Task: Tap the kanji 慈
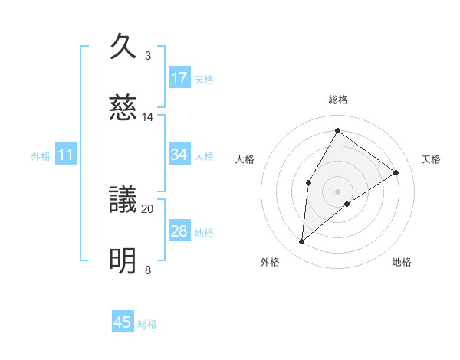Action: point(123,108)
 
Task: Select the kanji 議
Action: point(123,201)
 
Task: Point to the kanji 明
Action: point(123,261)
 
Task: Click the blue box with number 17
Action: point(179,78)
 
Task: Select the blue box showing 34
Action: point(179,155)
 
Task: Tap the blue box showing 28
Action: point(179,231)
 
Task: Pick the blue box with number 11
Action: point(66,155)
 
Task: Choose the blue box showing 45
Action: point(123,322)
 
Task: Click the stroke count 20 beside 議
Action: point(148,208)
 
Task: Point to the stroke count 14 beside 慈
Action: point(148,116)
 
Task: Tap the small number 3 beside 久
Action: point(148,55)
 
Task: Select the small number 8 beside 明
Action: point(148,270)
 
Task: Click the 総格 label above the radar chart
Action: point(338,100)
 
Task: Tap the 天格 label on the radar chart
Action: point(432,159)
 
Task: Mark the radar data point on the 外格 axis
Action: point(302,242)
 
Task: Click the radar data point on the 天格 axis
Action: point(396,173)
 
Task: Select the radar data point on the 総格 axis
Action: point(337,130)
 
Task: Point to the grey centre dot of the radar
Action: point(337,191)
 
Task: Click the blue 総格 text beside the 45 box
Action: point(147,324)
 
